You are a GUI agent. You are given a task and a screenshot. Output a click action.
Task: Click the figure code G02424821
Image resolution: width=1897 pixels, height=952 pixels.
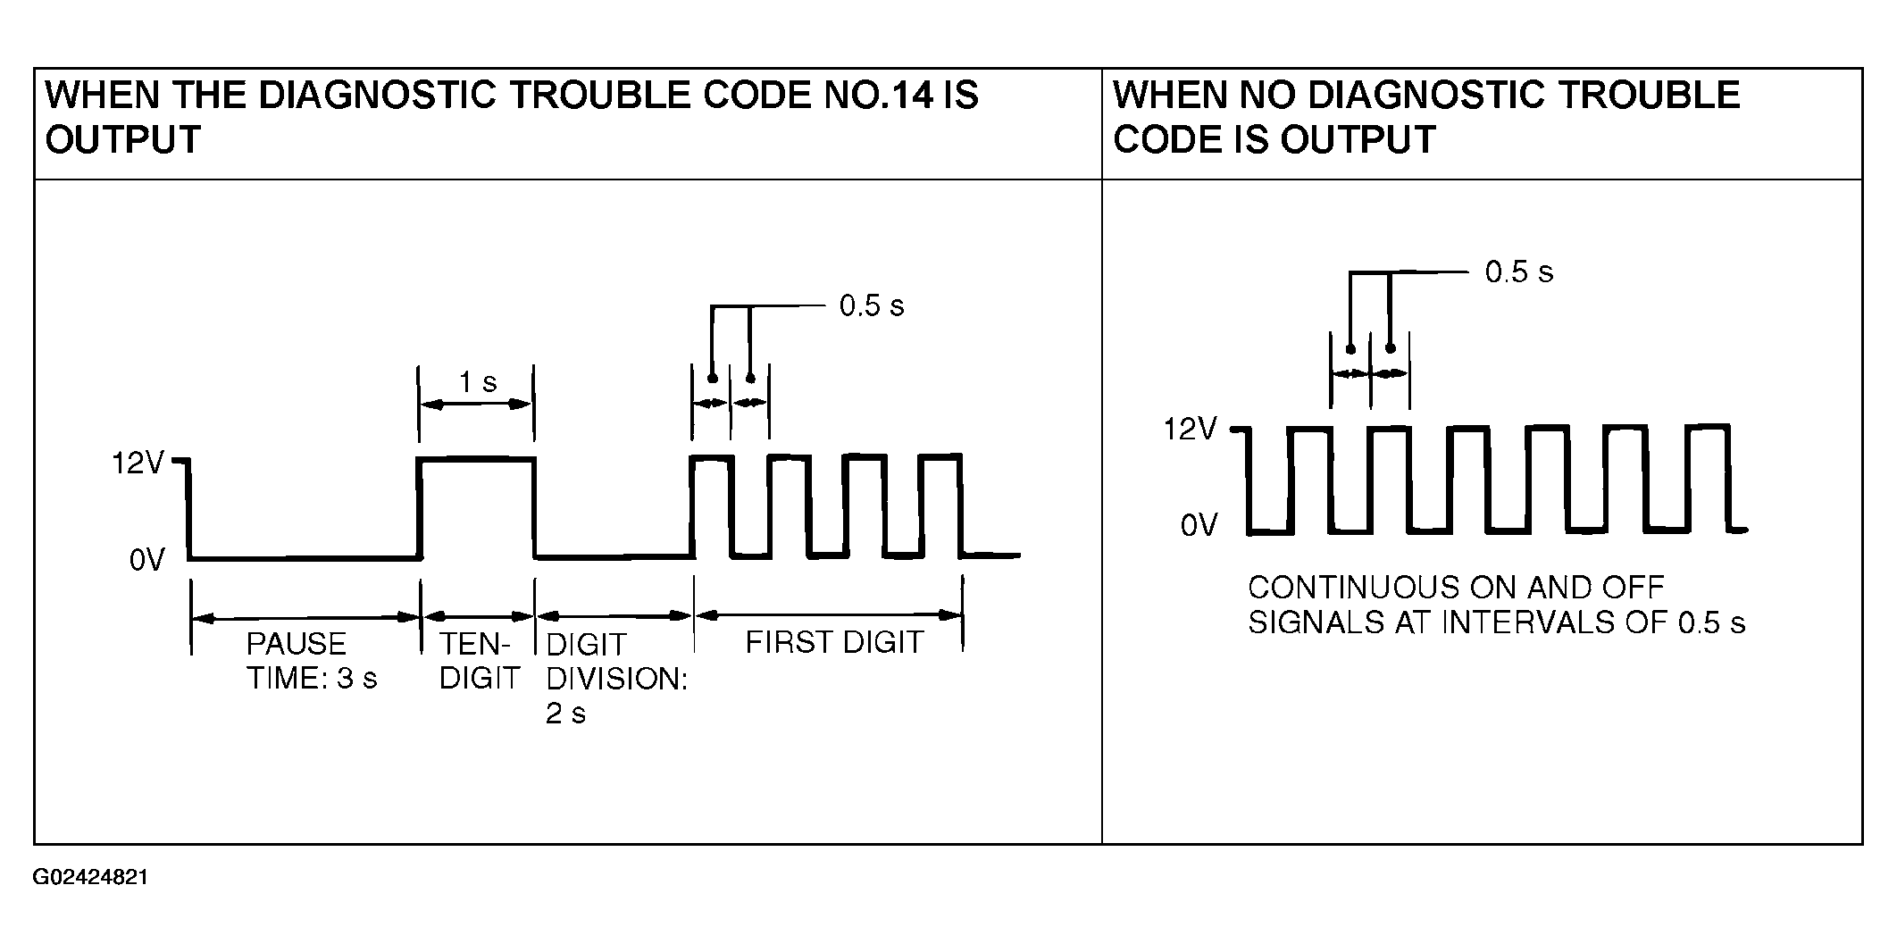pyautogui.click(x=90, y=877)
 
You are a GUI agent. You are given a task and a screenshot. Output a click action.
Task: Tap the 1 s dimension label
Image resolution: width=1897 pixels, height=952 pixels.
pyautogui.click(x=477, y=382)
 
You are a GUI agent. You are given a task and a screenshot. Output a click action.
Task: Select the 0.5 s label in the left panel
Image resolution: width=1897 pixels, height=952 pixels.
pyautogui.click(x=871, y=305)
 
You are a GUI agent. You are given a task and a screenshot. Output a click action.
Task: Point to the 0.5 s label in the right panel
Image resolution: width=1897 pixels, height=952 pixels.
pyautogui.click(x=1518, y=271)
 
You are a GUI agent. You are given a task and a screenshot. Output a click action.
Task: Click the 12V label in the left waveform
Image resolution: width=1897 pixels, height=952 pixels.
pyautogui.click(x=137, y=463)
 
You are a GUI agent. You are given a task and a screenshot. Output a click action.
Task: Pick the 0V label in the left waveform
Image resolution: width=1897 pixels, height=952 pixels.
pyautogui.click(x=146, y=560)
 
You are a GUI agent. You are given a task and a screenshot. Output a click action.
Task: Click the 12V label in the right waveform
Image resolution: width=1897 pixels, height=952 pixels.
pyautogui.click(x=1190, y=430)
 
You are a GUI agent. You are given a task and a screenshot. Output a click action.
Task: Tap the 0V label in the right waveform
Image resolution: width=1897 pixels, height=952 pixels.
pyautogui.click(x=1199, y=525)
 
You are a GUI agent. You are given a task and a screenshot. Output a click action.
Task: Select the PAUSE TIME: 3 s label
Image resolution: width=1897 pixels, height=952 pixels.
pyautogui.click(x=311, y=661)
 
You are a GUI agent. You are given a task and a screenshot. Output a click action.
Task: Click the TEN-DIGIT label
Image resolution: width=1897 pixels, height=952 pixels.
pyautogui.click(x=479, y=661)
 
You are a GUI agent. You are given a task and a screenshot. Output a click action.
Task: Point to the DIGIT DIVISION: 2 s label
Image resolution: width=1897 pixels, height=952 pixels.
pyautogui.click(x=616, y=678)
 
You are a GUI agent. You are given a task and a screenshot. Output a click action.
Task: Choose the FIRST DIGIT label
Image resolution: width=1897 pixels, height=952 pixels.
pyautogui.click(x=833, y=642)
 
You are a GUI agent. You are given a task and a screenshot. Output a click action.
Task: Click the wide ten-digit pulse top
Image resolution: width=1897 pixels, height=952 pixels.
pyautogui.click(x=477, y=459)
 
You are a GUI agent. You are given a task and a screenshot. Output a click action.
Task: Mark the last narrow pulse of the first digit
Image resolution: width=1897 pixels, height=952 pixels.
pyautogui.click(x=940, y=457)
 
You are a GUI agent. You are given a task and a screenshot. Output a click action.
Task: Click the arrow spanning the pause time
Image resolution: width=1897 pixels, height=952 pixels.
pyautogui.click(x=305, y=616)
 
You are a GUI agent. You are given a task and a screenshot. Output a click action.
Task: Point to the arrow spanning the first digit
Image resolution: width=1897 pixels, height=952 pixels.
pyautogui.click(x=828, y=614)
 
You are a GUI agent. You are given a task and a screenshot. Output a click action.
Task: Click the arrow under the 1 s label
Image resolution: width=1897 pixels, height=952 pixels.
pyautogui.click(x=476, y=405)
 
